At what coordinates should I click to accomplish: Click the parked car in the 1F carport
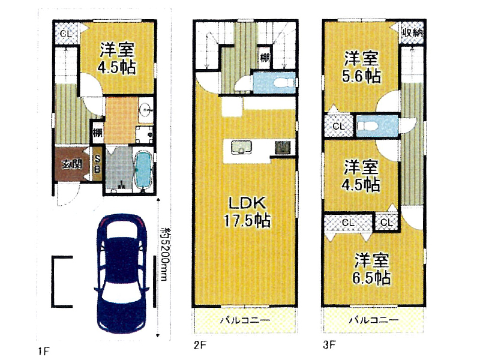click(122, 274)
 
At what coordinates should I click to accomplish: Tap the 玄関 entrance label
click(72, 164)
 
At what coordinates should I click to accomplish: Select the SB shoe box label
click(97, 164)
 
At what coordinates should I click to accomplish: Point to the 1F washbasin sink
click(146, 109)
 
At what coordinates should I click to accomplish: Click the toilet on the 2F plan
click(283, 83)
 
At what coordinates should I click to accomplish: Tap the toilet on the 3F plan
click(367, 126)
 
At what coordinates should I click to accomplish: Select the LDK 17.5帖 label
click(247, 212)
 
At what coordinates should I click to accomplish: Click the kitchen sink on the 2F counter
click(241, 147)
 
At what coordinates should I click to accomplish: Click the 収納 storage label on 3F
click(412, 32)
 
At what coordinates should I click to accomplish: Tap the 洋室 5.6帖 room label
click(362, 67)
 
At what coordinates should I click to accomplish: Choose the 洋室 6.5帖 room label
click(371, 269)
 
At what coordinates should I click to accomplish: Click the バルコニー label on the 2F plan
click(245, 320)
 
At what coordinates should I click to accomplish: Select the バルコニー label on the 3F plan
click(374, 320)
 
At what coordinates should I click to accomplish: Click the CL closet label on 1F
click(66, 33)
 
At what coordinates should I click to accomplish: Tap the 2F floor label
click(200, 345)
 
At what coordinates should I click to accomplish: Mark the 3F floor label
click(329, 345)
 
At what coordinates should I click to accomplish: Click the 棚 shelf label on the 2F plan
click(265, 57)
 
